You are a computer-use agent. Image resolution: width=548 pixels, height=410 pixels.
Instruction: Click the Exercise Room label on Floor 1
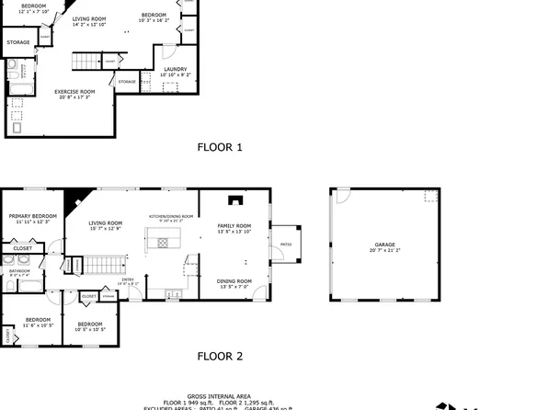pos(74,93)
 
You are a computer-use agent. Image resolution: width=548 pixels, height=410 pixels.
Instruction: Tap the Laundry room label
pos(176,70)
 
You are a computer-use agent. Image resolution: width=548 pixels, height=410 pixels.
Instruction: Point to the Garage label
pos(383,245)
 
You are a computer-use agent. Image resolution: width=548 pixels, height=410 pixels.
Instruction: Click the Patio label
pos(285,245)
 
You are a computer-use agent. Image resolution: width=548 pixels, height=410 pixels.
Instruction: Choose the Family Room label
pos(234,226)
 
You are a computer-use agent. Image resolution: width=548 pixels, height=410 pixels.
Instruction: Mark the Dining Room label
pos(234,281)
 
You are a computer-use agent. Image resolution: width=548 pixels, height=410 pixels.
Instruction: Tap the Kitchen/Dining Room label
pos(172,217)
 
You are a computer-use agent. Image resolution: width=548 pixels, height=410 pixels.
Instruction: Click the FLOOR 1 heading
pos(220,146)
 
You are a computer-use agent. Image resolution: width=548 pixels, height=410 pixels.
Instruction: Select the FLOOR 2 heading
pos(220,356)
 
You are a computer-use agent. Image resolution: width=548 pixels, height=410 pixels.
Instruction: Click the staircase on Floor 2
pos(104,267)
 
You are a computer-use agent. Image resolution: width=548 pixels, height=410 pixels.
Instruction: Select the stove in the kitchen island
pos(164,243)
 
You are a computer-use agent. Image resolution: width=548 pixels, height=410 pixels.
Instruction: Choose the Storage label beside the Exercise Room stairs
pos(127,82)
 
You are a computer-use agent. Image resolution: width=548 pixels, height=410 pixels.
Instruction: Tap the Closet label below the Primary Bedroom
pos(22,248)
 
